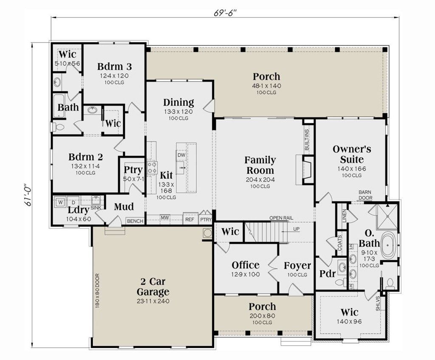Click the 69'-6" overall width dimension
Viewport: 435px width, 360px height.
tap(225, 12)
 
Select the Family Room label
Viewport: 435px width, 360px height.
tap(260, 165)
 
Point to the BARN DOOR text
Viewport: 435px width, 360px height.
tap(365, 195)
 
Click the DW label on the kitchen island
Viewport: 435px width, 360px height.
tap(181, 155)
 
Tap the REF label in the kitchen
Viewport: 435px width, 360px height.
tap(189, 219)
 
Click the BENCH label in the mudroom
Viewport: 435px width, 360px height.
tap(135, 221)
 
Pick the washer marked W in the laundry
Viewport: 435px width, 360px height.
tap(60, 202)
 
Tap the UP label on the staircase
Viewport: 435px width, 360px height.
tap(297, 229)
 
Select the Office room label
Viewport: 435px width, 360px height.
tap(246, 265)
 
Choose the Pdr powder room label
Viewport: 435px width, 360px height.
tap(327, 274)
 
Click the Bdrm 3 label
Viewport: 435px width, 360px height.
tap(114, 67)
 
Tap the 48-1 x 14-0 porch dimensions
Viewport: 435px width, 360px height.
tap(266, 86)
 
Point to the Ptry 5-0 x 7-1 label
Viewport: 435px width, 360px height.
tap(133, 173)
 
